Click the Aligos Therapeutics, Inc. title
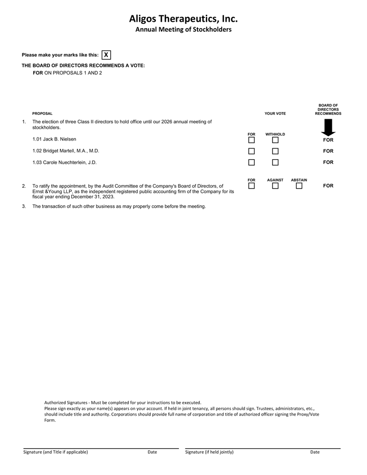click(183, 19)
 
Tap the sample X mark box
click(106, 55)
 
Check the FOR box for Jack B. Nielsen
click(251, 140)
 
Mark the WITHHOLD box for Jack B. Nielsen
click(275, 140)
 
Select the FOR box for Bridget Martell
click(251, 151)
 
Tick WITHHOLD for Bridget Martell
click(275, 151)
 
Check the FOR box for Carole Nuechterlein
click(251, 162)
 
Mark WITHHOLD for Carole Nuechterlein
click(275, 162)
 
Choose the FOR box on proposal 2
click(251, 186)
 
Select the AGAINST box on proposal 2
click(275, 186)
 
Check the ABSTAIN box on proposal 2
click(299, 186)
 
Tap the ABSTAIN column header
click(299, 180)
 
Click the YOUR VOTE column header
click(275, 114)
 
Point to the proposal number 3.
click(24, 206)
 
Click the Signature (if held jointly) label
click(209, 452)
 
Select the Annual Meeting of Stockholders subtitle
click(183, 30)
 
